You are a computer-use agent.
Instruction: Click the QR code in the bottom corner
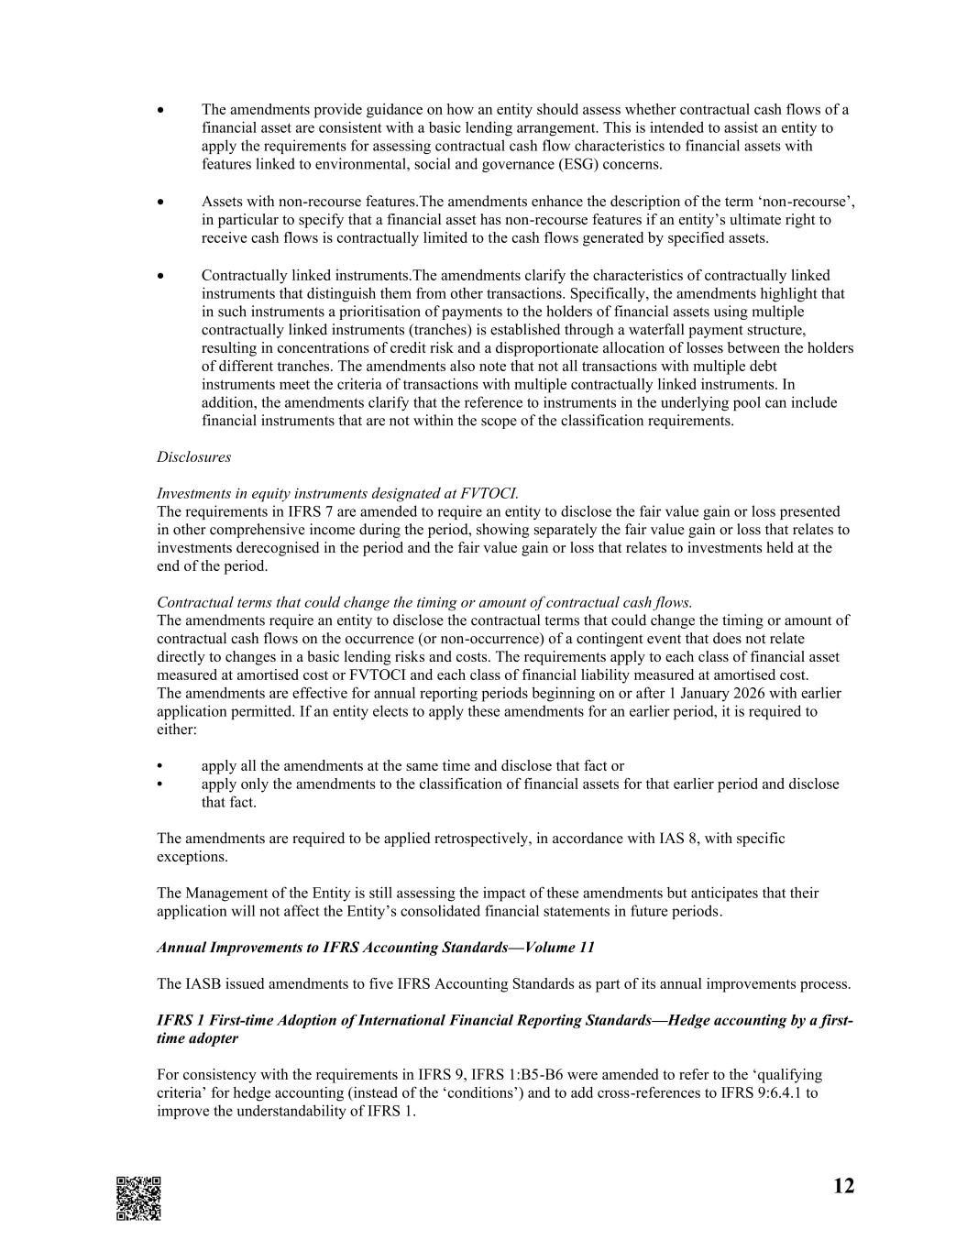click(138, 1198)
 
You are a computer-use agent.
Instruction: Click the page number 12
click(843, 1187)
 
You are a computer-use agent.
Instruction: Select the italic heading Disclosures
click(193, 456)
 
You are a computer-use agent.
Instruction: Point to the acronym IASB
click(203, 984)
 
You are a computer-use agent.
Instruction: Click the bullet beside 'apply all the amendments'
click(161, 766)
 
